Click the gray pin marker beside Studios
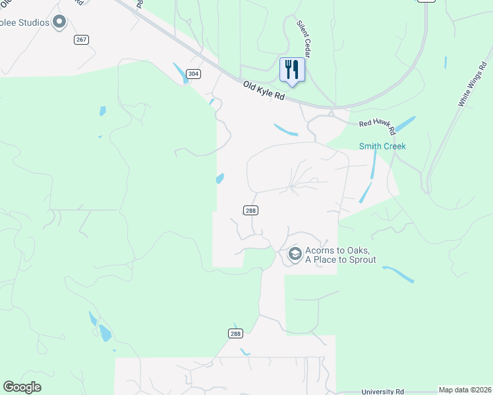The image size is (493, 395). [x=59, y=22]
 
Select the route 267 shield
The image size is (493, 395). [x=81, y=39]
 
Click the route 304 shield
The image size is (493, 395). [x=192, y=74]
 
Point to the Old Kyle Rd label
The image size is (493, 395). [x=263, y=90]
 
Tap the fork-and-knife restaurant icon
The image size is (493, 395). [x=292, y=68]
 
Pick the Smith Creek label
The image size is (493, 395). [x=382, y=146]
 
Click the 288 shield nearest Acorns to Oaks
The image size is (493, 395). [x=250, y=210]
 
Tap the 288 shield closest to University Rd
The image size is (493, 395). [x=236, y=334]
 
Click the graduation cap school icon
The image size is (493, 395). [x=295, y=253]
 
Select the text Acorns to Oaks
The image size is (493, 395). [x=341, y=251]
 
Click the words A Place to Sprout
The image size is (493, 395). [x=340, y=260]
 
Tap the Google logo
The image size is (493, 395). [x=22, y=387]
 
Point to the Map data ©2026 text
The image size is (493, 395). [x=464, y=390]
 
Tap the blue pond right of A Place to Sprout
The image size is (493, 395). [x=398, y=274]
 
